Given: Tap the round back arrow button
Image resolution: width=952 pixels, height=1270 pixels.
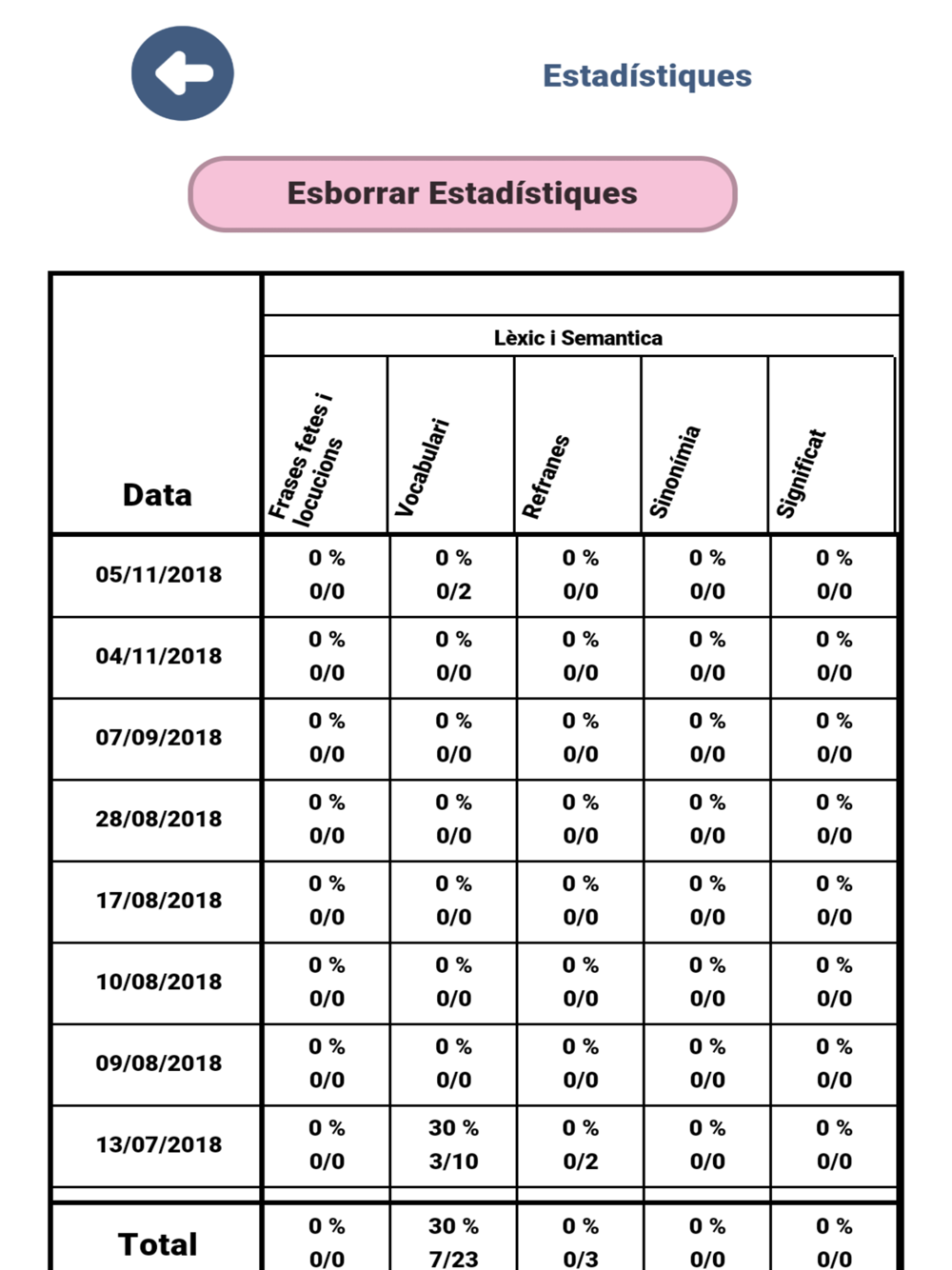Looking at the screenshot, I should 183,73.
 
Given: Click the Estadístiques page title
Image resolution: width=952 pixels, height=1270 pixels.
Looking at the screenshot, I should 646,75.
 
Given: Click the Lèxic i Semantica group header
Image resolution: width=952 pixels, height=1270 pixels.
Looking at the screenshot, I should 578,338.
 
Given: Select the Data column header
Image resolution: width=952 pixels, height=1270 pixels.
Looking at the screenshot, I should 157,494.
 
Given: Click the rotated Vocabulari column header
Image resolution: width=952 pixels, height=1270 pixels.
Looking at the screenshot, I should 422,467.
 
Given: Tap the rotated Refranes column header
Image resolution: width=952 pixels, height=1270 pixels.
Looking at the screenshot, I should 546,476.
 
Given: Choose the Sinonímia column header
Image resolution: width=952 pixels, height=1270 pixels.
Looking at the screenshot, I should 674,471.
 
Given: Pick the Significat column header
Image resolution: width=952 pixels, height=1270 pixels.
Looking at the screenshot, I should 801,473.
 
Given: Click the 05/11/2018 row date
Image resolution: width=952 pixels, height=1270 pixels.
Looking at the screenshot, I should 158,575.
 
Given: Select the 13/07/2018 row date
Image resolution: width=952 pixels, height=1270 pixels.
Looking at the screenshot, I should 158,1144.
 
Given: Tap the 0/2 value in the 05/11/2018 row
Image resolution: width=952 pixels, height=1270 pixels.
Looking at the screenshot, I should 453,591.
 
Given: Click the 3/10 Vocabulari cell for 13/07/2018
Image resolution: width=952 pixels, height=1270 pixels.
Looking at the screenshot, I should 453,1161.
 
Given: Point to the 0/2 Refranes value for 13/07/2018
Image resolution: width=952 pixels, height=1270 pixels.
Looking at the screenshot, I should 580,1161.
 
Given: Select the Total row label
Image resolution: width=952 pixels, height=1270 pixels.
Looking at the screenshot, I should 158,1243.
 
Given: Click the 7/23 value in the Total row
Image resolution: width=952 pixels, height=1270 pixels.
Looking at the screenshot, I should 453,1259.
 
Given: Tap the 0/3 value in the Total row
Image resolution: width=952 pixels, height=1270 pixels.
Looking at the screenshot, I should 580,1259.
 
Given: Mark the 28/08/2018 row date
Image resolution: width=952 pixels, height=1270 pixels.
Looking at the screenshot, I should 158,819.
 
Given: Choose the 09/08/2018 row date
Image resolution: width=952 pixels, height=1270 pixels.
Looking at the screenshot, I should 158,1063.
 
